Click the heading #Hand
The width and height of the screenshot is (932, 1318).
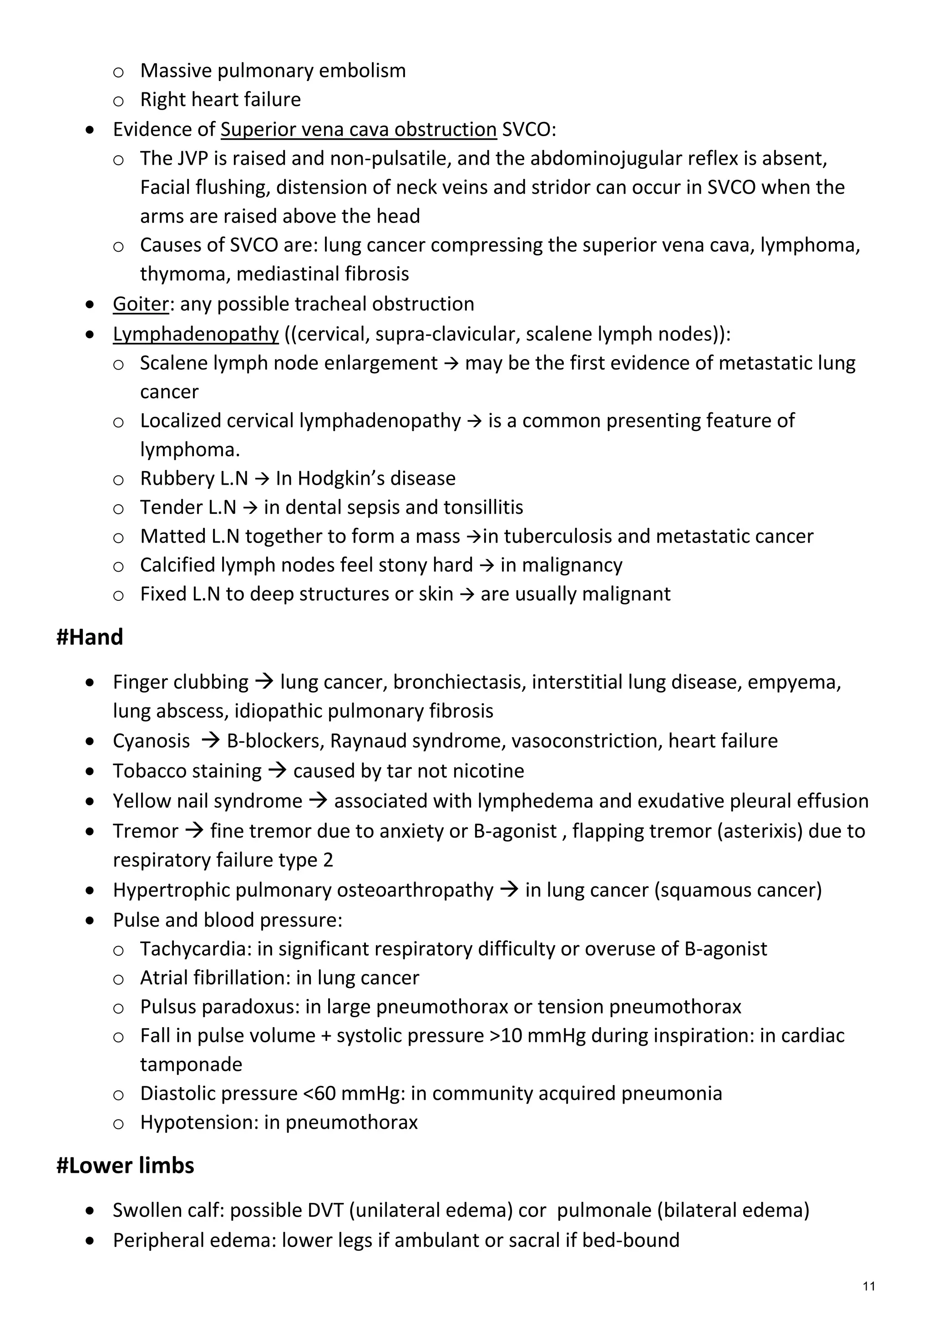click(x=90, y=637)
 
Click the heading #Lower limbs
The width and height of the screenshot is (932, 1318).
click(x=125, y=1165)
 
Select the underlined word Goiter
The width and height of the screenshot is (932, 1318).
click(x=141, y=304)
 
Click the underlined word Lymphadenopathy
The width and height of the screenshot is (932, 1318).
click(x=195, y=334)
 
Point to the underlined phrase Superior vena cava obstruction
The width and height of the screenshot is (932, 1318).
click(x=358, y=129)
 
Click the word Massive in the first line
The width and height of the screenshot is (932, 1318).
click(x=175, y=71)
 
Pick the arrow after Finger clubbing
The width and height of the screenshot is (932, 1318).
click(x=264, y=682)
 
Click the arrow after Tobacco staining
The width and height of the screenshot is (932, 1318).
click(x=277, y=771)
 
